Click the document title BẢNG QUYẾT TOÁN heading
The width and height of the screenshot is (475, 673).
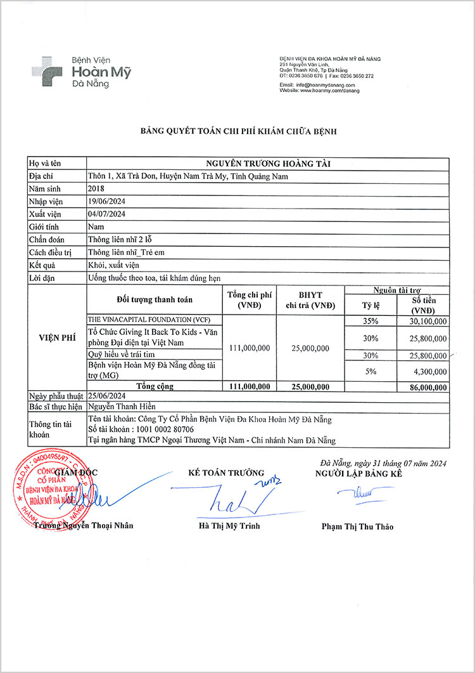click(x=238, y=131)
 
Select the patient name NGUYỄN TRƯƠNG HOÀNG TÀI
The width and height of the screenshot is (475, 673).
click(x=268, y=164)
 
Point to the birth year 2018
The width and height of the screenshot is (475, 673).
click(x=96, y=188)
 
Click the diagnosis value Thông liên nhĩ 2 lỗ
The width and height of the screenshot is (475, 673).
click(x=120, y=239)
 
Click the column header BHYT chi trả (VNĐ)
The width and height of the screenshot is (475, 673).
click(x=310, y=300)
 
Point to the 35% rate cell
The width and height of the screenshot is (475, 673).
click(x=370, y=321)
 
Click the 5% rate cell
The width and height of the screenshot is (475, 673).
click(x=370, y=370)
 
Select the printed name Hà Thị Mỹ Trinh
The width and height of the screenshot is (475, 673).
click(x=229, y=526)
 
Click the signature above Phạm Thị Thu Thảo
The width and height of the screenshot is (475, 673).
click(x=355, y=492)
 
